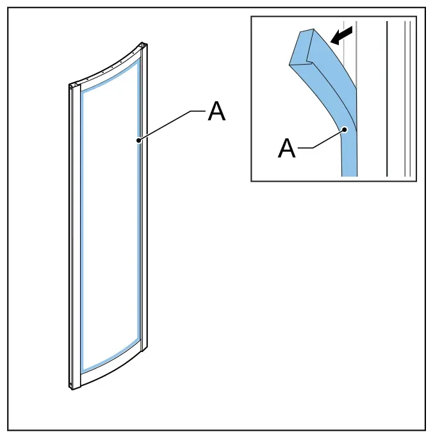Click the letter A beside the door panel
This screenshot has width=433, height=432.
point(216,111)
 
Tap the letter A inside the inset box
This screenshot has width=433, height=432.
point(287,148)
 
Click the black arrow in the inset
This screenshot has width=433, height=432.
point(341,36)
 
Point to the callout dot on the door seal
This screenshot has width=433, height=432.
point(139,140)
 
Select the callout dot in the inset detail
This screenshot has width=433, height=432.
point(345,129)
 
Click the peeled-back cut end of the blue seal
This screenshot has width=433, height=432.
point(301,47)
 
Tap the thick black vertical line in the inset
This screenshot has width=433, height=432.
point(387,99)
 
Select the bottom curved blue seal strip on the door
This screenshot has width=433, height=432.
point(110,356)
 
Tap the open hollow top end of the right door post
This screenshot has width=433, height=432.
point(144,44)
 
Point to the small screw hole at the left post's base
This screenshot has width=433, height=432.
point(70,384)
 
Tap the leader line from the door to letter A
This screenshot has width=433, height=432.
point(172,125)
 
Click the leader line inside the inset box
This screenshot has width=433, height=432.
point(321,139)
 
